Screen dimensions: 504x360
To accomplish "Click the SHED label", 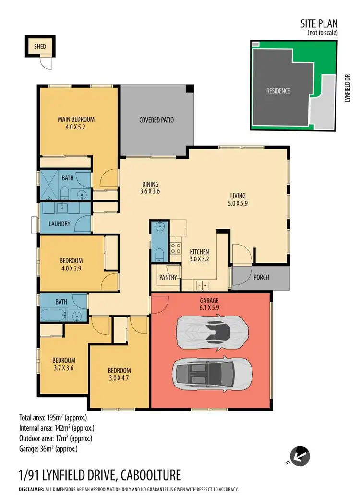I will click(x=40, y=47).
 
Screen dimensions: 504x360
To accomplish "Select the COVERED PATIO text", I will click(x=156, y=120).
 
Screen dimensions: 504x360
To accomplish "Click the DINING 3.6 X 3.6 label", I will click(x=150, y=188).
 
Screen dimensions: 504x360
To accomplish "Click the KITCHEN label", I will click(x=199, y=252).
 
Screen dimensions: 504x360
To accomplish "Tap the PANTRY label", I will click(x=168, y=277).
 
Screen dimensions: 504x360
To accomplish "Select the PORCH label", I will click(x=261, y=277).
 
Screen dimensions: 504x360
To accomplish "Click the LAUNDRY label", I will click(x=60, y=223).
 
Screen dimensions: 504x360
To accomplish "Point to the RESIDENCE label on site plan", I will click(x=278, y=91).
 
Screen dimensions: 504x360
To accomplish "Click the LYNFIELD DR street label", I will click(x=349, y=88).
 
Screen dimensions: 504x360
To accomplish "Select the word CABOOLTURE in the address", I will click(x=151, y=475).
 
